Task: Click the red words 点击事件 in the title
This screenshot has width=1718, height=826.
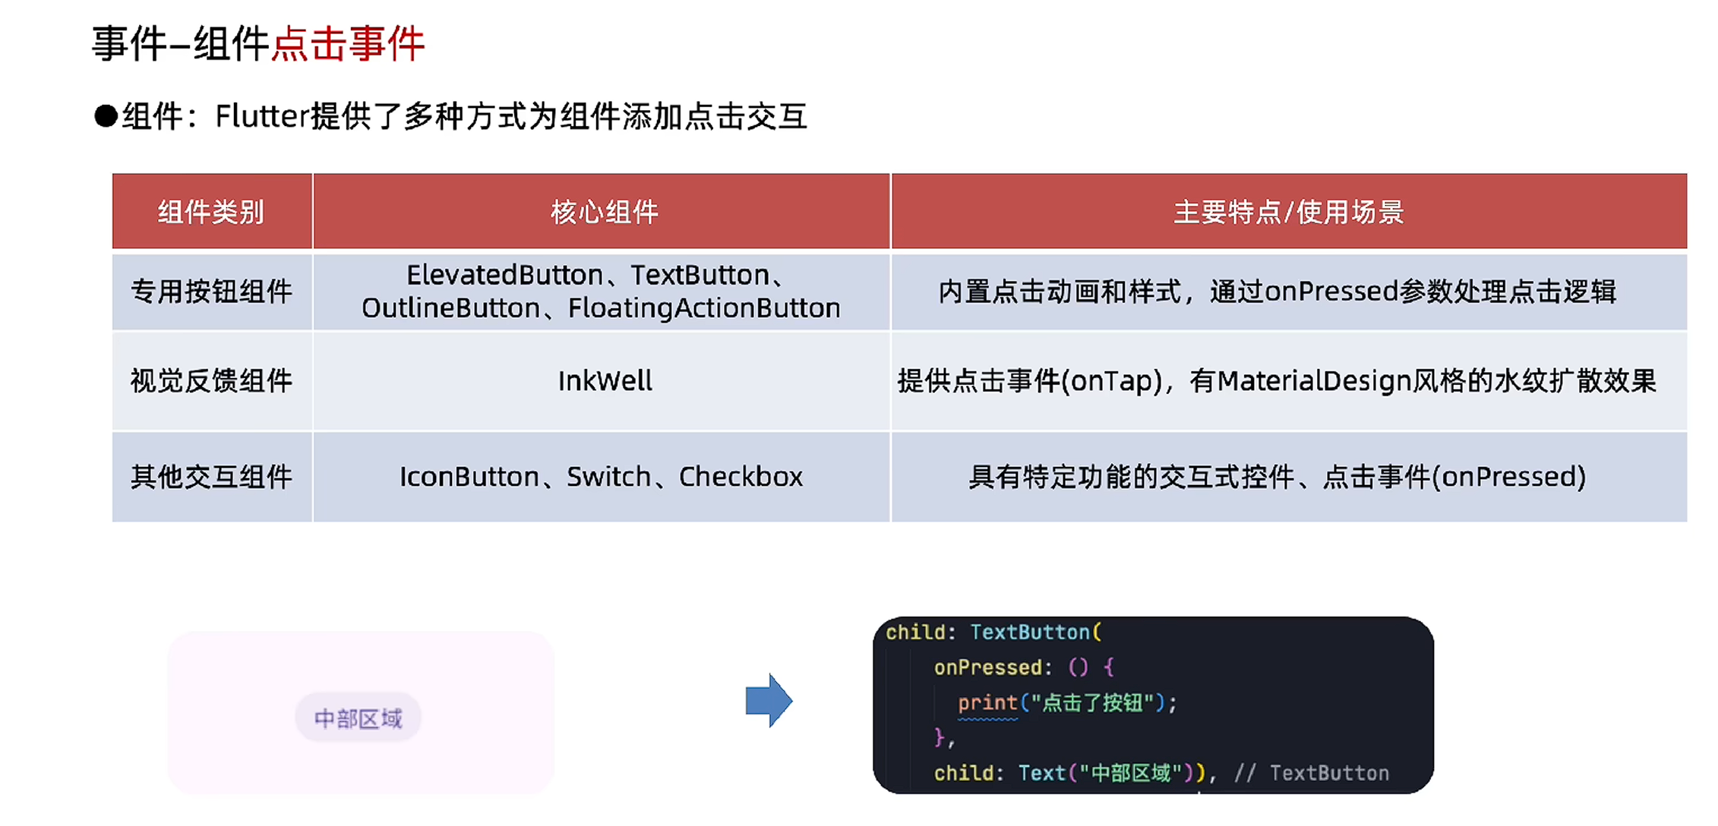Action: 348,44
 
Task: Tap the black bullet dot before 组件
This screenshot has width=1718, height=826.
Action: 106,117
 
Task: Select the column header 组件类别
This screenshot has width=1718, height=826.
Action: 211,213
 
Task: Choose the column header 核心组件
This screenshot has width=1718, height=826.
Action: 604,213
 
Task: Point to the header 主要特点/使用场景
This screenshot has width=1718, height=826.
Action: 1288,213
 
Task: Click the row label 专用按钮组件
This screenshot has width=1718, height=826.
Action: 211,292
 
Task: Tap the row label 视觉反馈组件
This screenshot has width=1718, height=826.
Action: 211,381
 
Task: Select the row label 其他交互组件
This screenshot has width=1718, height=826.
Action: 211,478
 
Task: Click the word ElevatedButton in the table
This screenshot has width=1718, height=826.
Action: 504,276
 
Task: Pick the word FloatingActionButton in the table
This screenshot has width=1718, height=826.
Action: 704,308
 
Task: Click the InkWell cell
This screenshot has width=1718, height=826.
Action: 605,381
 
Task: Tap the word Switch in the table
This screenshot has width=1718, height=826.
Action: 608,478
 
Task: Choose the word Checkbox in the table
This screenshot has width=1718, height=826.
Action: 741,478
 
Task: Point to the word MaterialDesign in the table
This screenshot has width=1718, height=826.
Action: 1314,381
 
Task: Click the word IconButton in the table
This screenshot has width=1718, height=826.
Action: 469,478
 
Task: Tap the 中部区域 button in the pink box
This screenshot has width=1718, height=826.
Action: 358,718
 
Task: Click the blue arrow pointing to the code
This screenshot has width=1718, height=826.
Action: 769,700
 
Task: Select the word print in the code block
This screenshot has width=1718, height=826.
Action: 987,703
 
